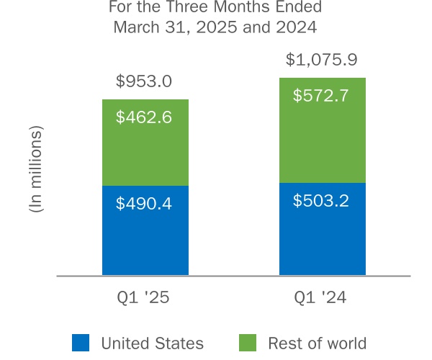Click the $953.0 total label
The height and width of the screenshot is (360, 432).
coord(144,81)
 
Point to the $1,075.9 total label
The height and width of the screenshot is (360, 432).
coord(321,59)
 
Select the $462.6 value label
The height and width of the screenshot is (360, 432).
coord(144,117)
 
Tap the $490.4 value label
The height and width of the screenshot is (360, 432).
coord(144,204)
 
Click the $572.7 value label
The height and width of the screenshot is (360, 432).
coord(321,95)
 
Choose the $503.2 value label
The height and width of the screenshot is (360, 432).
coord(321,200)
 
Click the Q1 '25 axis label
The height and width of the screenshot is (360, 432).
coord(145,298)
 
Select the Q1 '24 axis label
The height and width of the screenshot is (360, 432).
coord(322,298)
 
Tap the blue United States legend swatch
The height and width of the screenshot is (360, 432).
coord(81,343)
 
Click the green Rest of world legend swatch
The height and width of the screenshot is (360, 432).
coord(247,343)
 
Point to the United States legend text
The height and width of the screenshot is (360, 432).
coord(152,343)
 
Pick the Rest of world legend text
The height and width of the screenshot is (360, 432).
coord(317,343)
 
